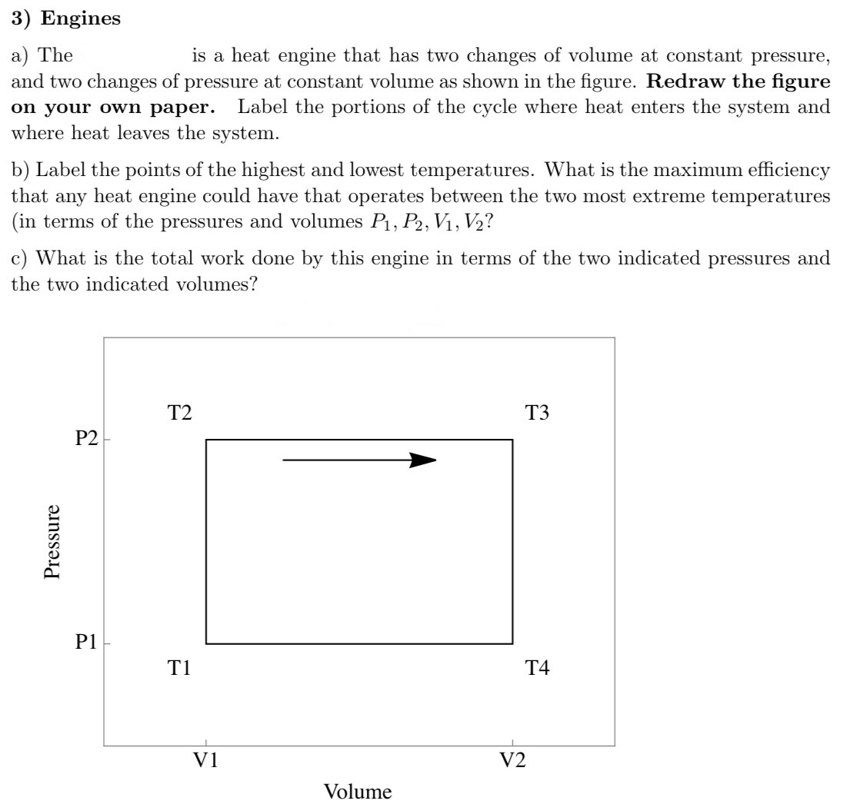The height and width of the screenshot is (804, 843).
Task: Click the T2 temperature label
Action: click(x=180, y=414)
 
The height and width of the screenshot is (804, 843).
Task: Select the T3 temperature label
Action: click(x=537, y=414)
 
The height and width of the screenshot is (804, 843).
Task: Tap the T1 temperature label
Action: click(x=180, y=669)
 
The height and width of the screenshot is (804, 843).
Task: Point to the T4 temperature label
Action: click(x=537, y=669)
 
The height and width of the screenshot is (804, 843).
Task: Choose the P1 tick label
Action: click(x=86, y=643)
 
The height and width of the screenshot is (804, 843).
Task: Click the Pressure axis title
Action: click(x=52, y=541)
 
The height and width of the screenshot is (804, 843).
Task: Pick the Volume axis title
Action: click(x=358, y=791)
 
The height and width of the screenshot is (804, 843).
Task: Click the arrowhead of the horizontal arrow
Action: click(x=424, y=460)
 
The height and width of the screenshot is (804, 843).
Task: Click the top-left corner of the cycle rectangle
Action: click(x=206, y=440)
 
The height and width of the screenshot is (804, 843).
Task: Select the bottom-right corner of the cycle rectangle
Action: click(x=512, y=643)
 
